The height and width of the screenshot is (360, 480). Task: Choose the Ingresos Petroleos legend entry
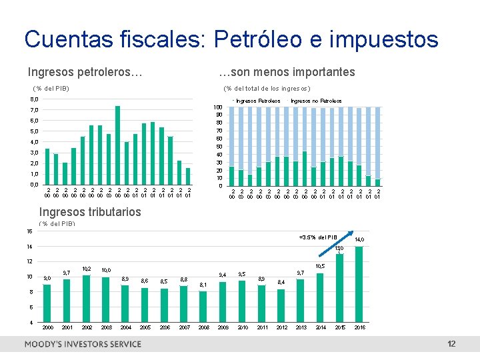click(257, 101)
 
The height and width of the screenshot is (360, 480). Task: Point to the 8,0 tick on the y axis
click(34, 99)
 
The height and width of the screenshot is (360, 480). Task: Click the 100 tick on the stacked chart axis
click(218, 107)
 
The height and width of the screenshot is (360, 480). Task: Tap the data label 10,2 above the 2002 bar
click(87, 269)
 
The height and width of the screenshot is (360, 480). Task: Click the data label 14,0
click(359, 239)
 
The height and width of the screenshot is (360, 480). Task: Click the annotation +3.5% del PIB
click(318, 237)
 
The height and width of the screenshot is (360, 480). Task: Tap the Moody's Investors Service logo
click(83, 344)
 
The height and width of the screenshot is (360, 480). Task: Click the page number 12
click(451, 344)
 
